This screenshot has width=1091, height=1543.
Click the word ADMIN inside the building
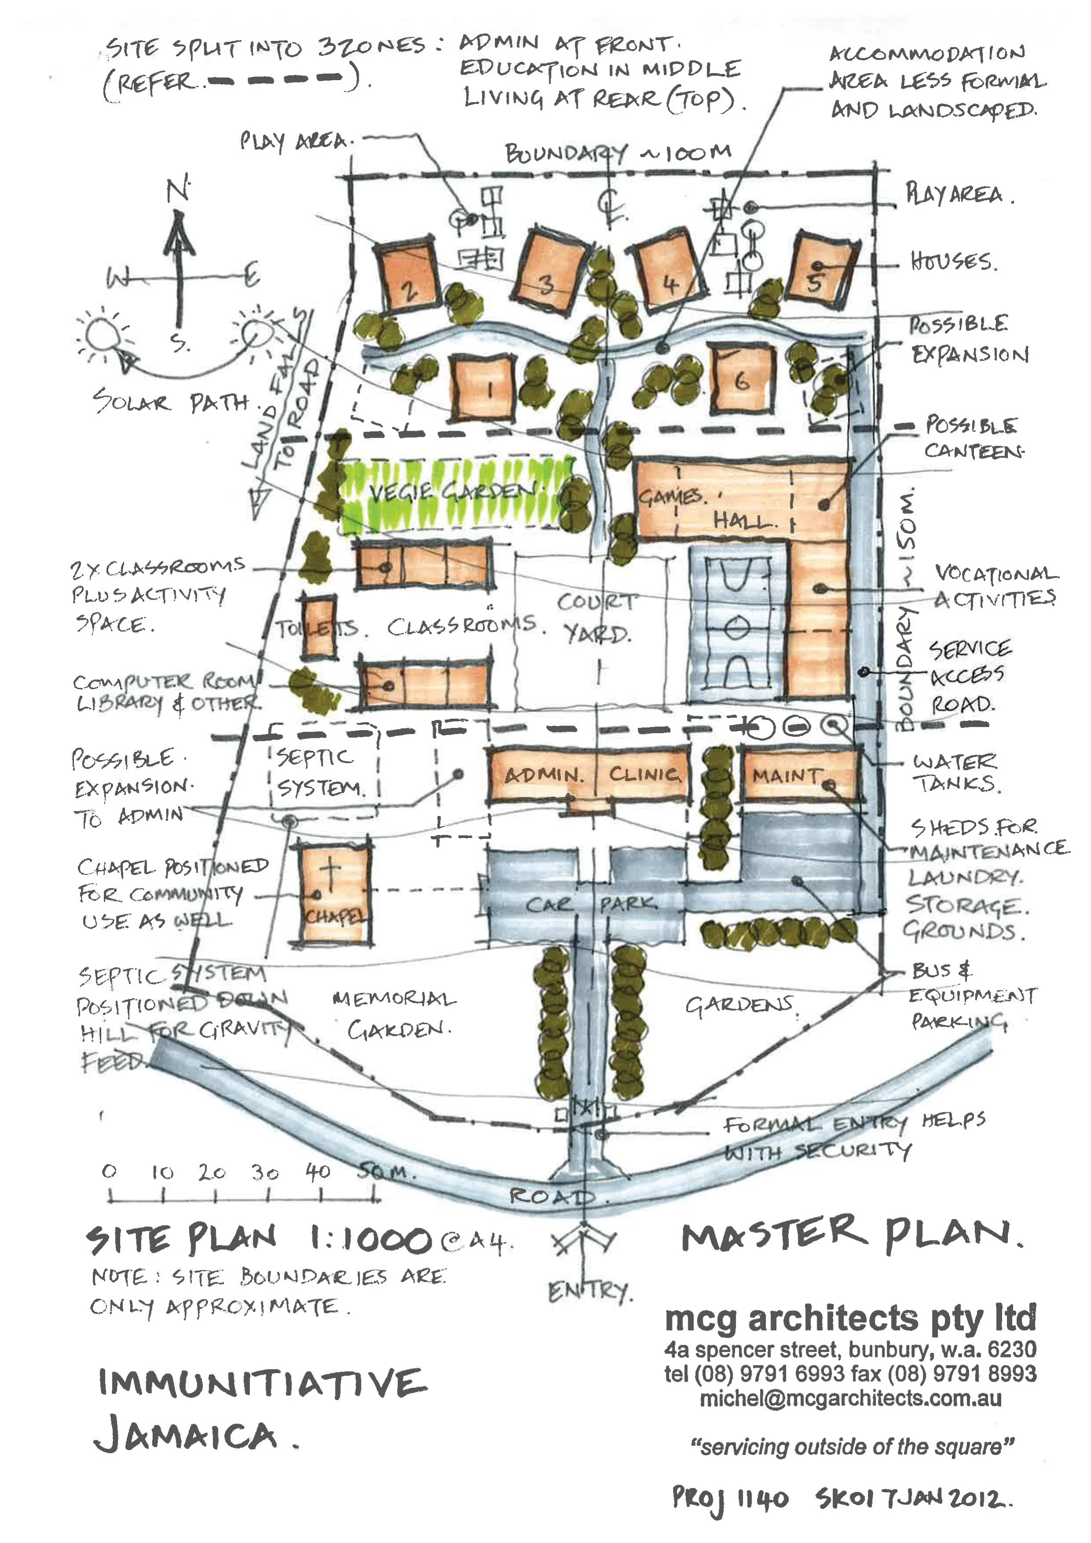click(x=543, y=775)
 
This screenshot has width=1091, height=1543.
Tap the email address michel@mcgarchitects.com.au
click(x=851, y=1399)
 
